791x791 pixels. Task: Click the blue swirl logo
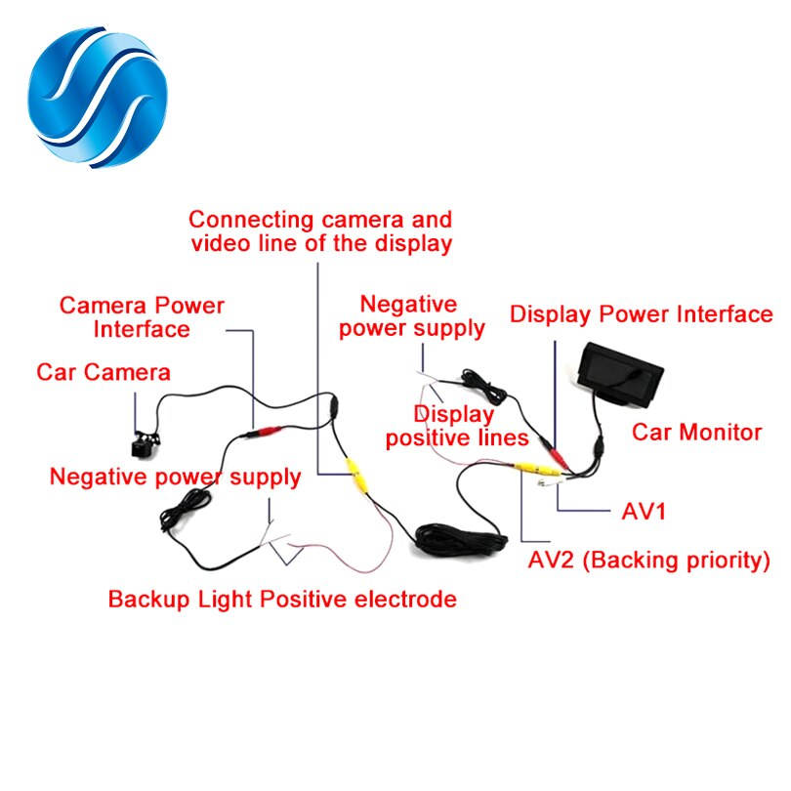(102, 98)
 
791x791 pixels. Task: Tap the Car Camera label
(104, 372)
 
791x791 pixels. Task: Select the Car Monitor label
(696, 432)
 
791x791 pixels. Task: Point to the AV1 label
(644, 511)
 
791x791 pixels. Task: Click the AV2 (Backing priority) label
(648, 561)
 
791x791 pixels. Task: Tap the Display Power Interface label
(642, 313)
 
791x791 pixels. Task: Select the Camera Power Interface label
(142, 316)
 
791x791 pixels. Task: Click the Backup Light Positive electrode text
(282, 599)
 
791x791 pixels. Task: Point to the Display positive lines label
(457, 426)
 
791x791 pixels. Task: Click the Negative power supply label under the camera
(175, 477)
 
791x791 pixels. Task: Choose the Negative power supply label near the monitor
(411, 315)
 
